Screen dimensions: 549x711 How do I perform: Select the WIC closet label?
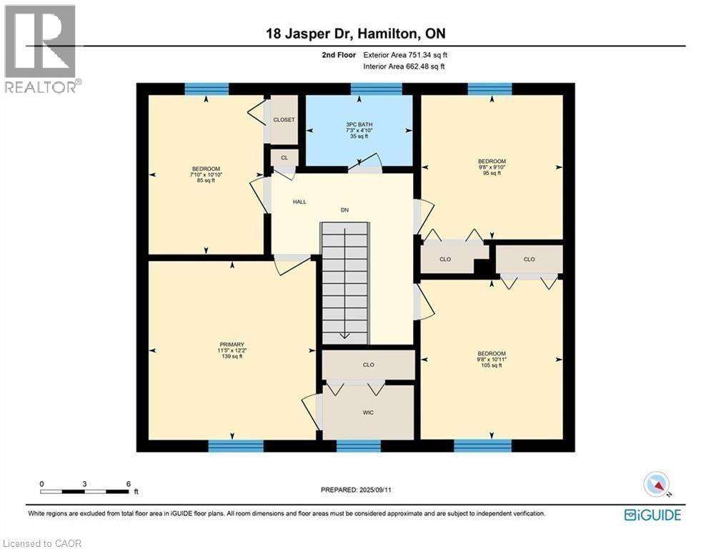click(368, 412)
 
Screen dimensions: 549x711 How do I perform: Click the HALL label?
click(299, 202)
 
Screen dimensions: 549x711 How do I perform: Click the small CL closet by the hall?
click(284, 157)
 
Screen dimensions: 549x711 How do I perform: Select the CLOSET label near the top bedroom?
click(284, 119)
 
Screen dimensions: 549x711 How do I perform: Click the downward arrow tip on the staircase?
click(344, 335)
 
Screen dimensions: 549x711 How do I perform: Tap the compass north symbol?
click(655, 485)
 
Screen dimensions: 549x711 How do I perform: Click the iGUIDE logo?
click(652, 515)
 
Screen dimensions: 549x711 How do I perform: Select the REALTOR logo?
click(40, 49)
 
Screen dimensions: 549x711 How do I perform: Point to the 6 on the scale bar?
click(128, 484)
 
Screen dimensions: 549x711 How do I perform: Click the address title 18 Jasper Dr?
click(355, 33)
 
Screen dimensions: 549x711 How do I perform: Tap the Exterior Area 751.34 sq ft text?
click(406, 55)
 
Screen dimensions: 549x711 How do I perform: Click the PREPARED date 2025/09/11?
click(355, 490)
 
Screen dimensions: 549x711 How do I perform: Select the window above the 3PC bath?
click(376, 89)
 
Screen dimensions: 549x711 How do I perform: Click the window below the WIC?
click(358, 446)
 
